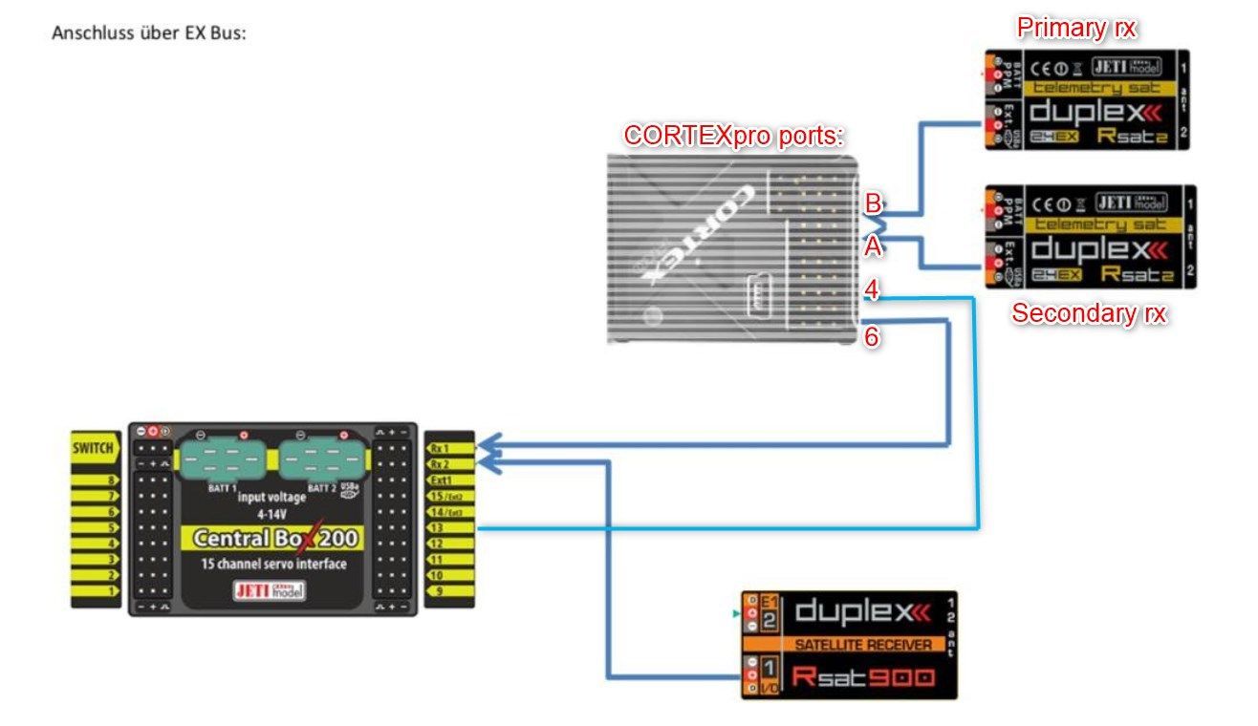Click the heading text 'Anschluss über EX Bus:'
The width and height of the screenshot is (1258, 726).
(x=150, y=32)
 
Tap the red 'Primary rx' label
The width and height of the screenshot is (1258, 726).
(x=1075, y=28)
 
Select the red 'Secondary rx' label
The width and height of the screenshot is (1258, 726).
(x=1089, y=313)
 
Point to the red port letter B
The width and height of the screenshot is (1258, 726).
(x=873, y=203)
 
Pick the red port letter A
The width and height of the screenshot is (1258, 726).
(x=872, y=247)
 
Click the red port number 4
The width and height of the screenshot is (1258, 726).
(x=872, y=289)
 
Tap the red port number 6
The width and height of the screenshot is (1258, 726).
(x=872, y=337)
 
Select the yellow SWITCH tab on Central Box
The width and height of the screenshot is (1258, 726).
(x=94, y=448)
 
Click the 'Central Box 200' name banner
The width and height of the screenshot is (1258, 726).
(x=275, y=539)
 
